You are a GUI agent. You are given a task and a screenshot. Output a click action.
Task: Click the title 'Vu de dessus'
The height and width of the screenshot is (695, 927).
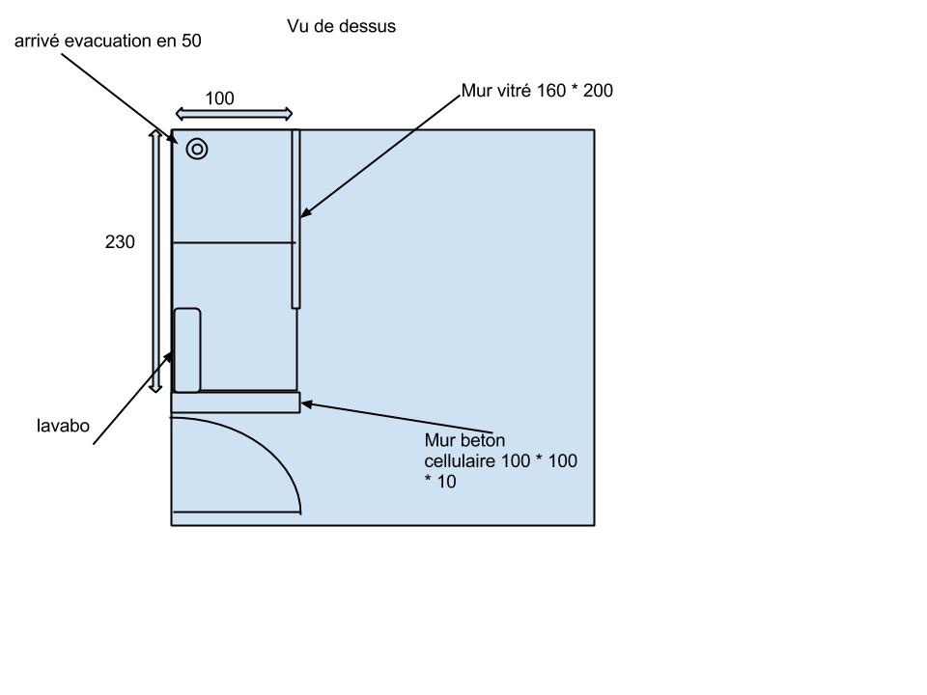tap(341, 26)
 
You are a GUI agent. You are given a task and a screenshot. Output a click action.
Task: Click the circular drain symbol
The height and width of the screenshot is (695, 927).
tap(197, 149)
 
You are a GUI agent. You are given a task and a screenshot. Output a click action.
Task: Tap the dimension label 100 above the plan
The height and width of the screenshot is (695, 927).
tap(219, 98)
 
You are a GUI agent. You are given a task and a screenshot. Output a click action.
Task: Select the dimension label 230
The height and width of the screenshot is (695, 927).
tap(120, 241)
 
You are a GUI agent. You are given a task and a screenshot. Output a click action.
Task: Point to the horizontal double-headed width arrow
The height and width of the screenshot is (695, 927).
tap(234, 114)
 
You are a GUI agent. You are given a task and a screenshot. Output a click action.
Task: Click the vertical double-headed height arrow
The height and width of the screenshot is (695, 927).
tap(154, 262)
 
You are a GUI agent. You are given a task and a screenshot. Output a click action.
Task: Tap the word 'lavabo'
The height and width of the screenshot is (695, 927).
tap(64, 426)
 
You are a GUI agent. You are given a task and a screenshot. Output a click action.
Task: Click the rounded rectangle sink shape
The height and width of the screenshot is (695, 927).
tap(186, 349)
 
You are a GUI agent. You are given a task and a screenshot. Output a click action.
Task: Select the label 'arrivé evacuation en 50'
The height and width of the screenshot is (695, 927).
tap(107, 41)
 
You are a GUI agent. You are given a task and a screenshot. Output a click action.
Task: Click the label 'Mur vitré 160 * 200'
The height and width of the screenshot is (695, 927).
tap(537, 91)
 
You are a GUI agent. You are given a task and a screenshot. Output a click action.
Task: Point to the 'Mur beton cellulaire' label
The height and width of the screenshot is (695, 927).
tap(500, 460)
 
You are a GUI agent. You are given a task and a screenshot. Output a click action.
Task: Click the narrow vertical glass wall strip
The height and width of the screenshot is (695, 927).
tap(295, 219)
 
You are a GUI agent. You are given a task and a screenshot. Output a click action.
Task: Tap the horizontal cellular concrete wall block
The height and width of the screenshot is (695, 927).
tap(236, 402)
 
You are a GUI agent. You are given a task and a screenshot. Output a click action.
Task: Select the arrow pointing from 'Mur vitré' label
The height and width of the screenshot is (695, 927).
tap(380, 156)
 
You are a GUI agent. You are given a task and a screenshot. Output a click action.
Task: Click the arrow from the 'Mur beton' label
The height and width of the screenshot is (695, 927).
tap(396, 418)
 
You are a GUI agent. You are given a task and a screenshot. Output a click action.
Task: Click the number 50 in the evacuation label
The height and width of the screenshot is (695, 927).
tap(191, 41)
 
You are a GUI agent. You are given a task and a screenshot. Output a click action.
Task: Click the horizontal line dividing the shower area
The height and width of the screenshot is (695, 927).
tap(234, 242)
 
